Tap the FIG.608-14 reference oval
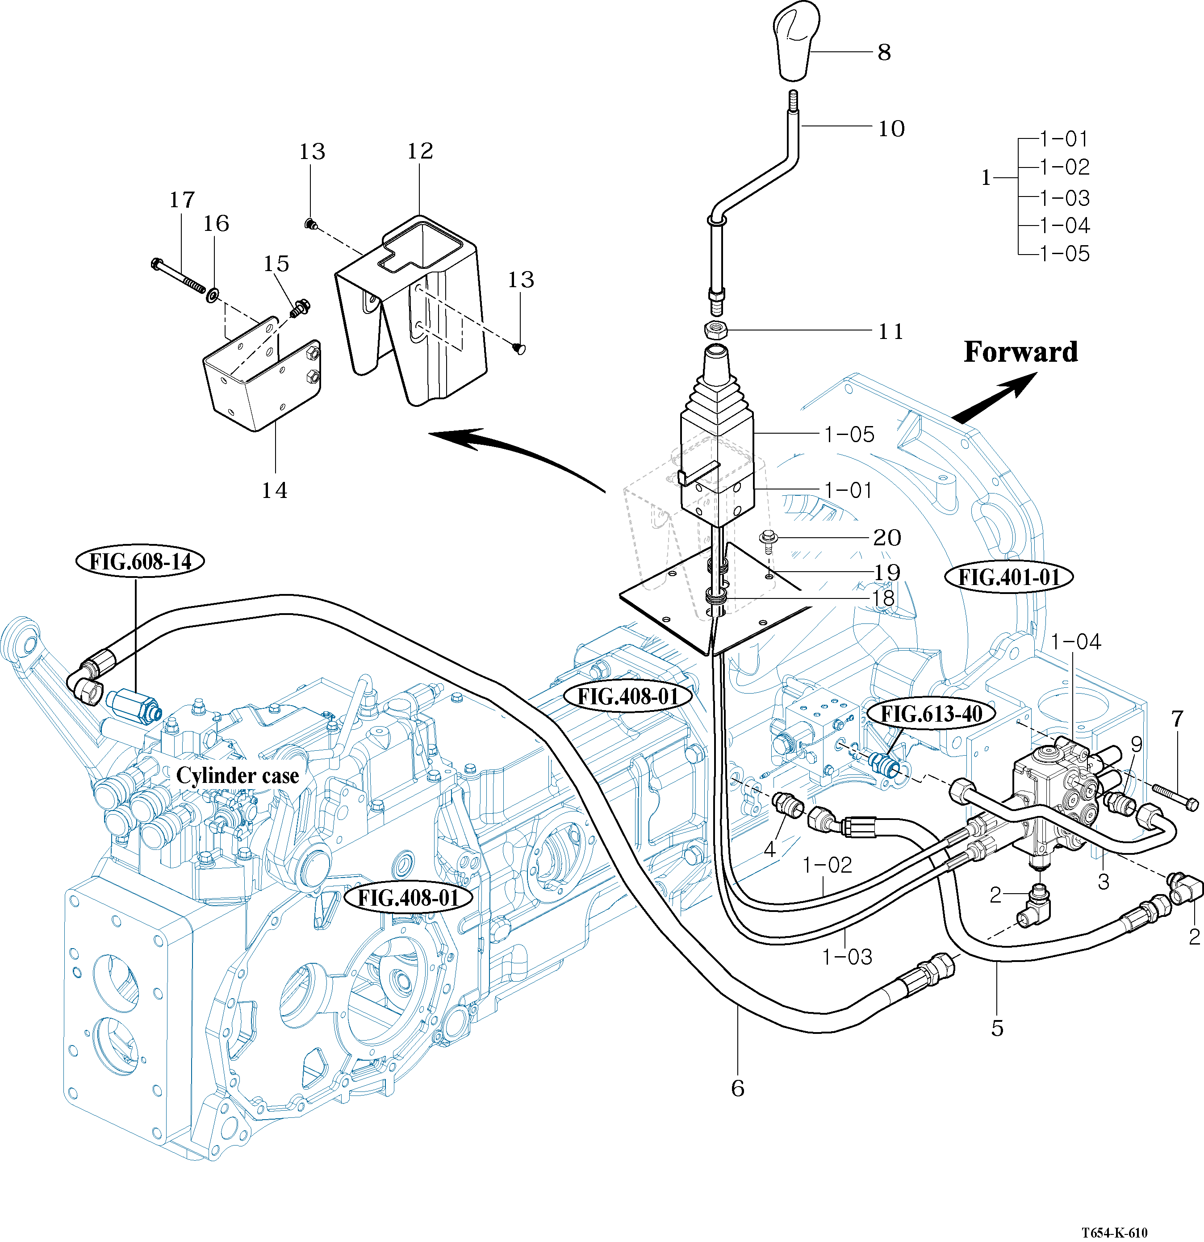click(x=140, y=561)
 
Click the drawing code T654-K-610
click(x=1114, y=1232)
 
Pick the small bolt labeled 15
click(x=298, y=309)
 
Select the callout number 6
click(x=738, y=1088)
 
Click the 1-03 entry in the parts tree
click(x=1065, y=198)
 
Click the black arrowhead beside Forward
click(x=1021, y=385)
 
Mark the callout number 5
click(x=997, y=1028)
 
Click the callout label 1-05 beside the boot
click(x=849, y=435)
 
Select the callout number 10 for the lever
click(x=891, y=129)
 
